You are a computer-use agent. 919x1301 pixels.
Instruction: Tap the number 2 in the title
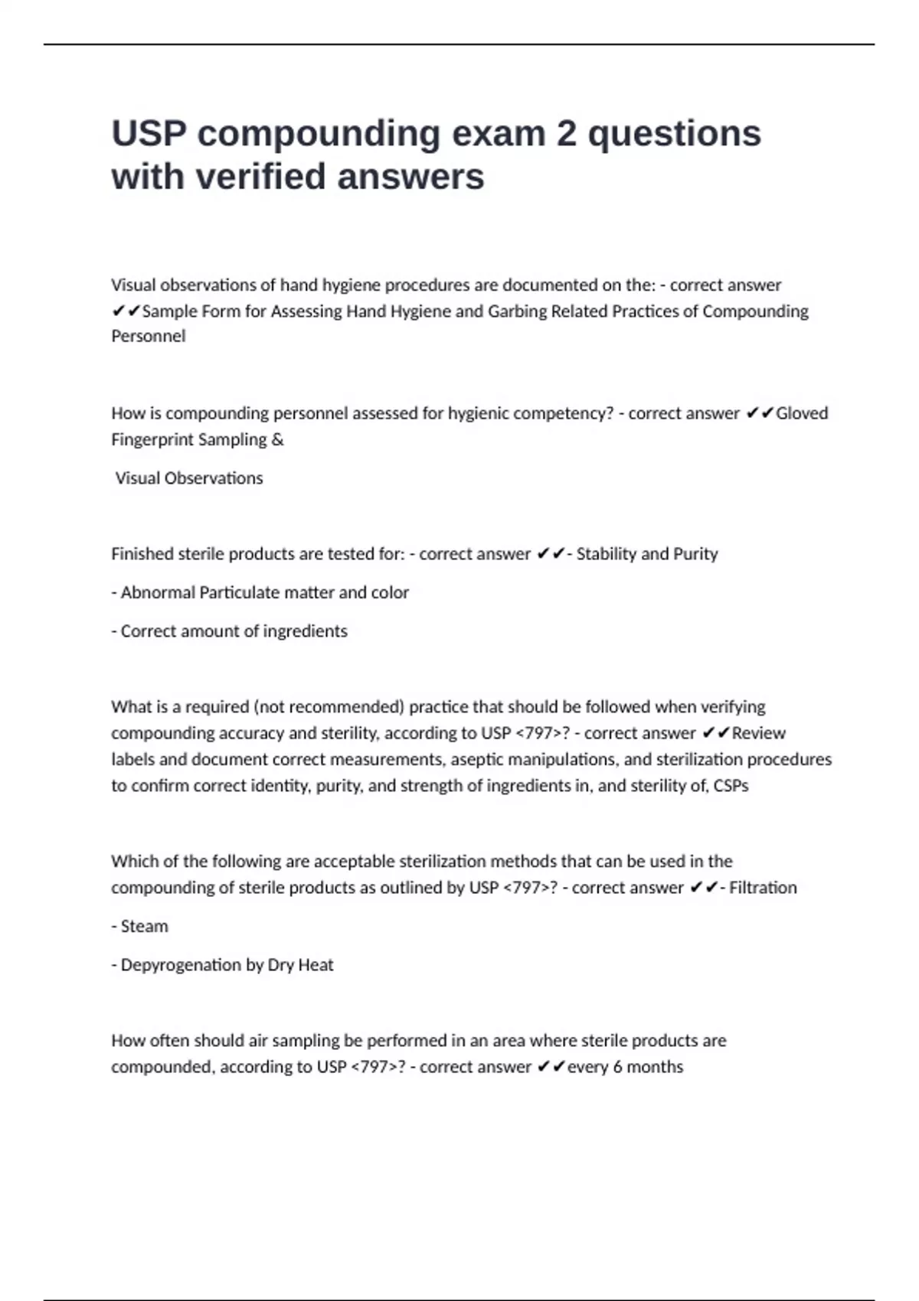tap(566, 134)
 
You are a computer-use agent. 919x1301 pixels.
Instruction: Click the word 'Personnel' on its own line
tap(149, 337)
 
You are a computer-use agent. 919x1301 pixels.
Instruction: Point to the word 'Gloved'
tap(802, 413)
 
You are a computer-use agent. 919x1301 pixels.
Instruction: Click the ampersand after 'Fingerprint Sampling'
tap(277, 440)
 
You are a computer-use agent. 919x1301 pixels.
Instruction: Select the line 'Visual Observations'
tap(189, 478)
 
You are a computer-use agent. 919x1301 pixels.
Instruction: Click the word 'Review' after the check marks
tap(758, 733)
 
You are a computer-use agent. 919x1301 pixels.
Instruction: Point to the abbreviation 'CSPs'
tap(731, 786)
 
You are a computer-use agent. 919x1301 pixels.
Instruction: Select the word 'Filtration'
tap(763, 888)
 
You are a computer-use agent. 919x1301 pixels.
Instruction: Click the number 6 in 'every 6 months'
tap(617, 1067)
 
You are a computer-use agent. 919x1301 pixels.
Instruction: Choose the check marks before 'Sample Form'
tap(126, 311)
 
